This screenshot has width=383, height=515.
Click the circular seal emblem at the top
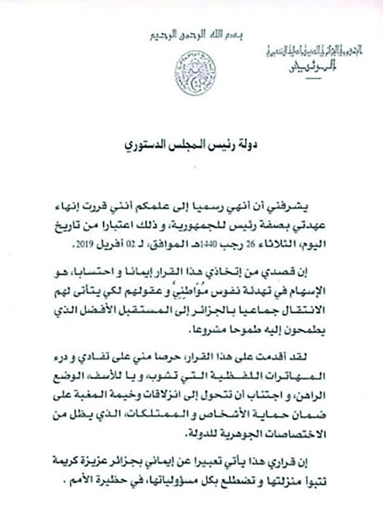[196, 73]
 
